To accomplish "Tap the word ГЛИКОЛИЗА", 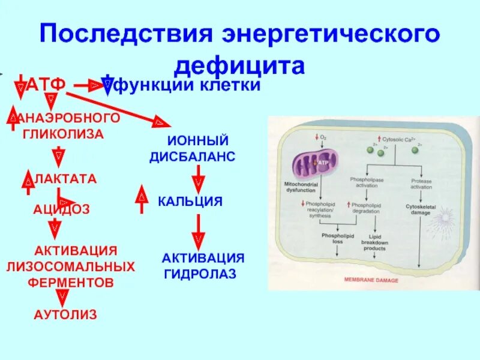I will click(64, 134).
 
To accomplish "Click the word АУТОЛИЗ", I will click(65, 314).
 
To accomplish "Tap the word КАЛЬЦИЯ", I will click(190, 201).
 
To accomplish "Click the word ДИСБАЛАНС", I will click(191, 157).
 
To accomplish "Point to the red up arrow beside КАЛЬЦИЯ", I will click(142, 199).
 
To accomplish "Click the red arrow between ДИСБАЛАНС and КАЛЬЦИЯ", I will click(198, 178).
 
